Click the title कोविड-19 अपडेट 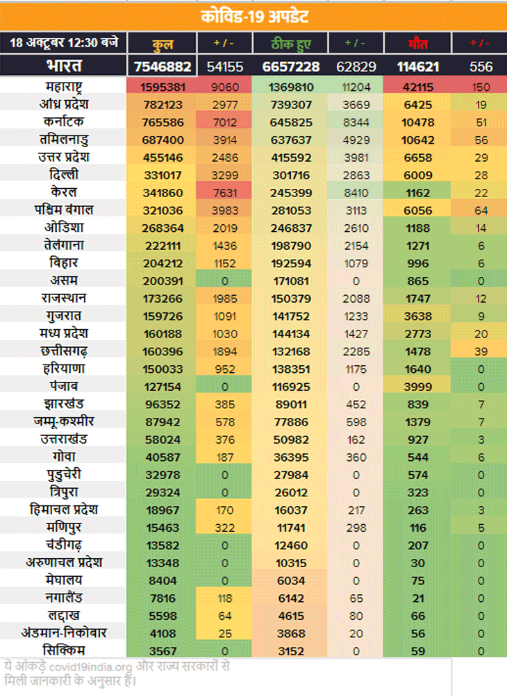click(x=255, y=16)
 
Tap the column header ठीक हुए click(x=291, y=43)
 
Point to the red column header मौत click(x=417, y=43)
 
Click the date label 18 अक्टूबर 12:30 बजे click(x=64, y=42)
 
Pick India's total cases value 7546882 click(x=163, y=67)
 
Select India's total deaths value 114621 click(x=417, y=67)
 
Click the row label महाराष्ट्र click(x=64, y=87)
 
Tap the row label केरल click(x=64, y=192)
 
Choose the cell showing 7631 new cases click(x=225, y=192)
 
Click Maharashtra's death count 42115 click(x=417, y=87)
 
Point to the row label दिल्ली click(x=64, y=174)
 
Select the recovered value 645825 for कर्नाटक click(x=291, y=122)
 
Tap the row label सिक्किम click(x=64, y=650)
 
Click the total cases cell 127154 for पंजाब click(x=163, y=386)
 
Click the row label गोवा click(x=64, y=456)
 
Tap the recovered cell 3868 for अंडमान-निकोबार click(x=291, y=632)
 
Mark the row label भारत click(x=64, y=67)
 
